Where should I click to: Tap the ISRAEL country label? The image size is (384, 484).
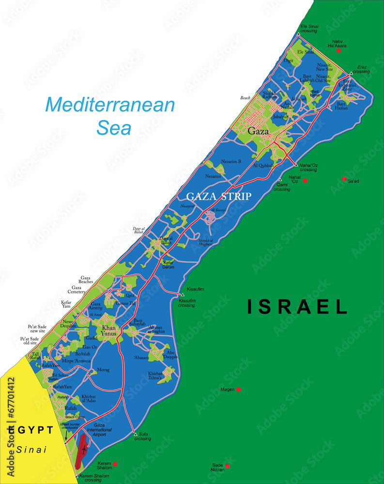(297, 306)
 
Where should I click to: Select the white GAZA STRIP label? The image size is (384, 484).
(219, 196)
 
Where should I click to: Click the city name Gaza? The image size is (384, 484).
(258, 131)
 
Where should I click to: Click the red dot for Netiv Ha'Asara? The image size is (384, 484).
(338, 50)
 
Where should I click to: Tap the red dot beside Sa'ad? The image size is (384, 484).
(344, 179)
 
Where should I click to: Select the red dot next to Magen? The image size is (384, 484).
(238, 389)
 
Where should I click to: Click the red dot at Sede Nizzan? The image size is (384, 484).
(227, 466)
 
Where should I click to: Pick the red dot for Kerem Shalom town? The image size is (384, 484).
(115, 464)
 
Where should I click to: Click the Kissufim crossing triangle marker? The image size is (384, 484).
(183, 294)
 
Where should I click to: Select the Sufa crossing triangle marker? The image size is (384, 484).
(135, 434)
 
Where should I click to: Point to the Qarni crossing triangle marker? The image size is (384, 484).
(280, 179)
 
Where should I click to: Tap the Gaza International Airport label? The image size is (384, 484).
(99, 430)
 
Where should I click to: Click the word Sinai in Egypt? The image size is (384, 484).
(31, 449)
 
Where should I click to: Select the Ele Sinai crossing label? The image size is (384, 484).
(308, 28)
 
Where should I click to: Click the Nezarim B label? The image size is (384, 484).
(231, 161)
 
